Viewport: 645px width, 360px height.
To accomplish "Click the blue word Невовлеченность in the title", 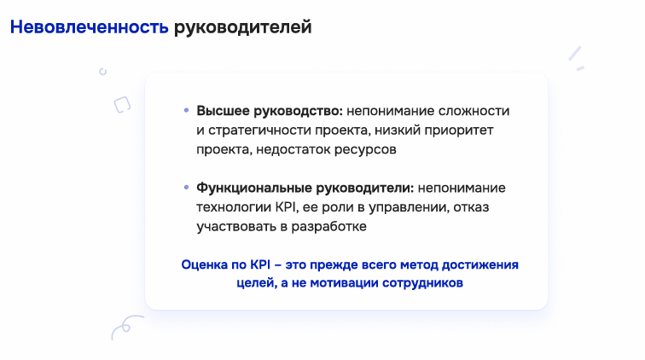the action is pos(90,27).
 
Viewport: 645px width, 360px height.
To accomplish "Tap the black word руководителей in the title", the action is pos(242,28).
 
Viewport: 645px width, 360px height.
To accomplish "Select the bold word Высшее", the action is pos(223,111).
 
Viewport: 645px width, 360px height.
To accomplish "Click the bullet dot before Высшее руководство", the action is pos(186,110).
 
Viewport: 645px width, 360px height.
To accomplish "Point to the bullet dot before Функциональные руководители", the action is pos(186,187).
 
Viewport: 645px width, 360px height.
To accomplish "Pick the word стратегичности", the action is pos(259,131).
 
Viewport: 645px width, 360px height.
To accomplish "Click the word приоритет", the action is pos(459,131).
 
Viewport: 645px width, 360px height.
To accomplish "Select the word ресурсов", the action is pos(365,150).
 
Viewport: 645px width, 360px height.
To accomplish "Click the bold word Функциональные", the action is pos(254,188).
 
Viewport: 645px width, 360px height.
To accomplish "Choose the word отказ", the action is pos(471,207).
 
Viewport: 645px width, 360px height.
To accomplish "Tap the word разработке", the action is pos(328,227).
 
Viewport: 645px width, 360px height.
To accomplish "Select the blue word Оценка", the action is pos(204,264).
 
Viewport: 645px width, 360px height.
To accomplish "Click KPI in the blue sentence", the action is pos(260,264).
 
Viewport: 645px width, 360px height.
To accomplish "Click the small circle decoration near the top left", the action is pos(103,72).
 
